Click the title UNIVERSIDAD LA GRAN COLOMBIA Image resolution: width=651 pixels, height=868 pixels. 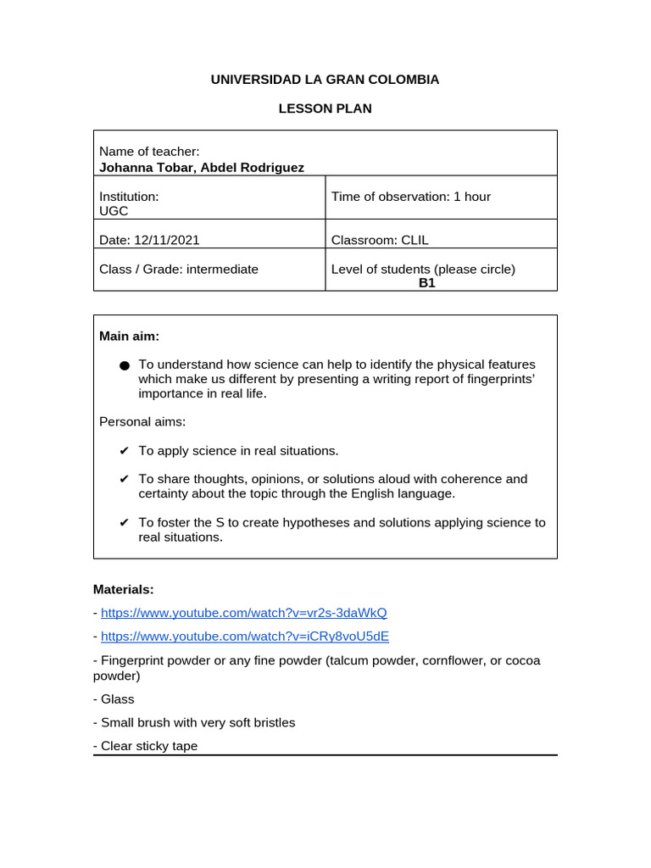325,80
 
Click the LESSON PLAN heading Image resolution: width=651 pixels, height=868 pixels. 325,108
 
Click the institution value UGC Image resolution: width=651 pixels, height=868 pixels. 114,211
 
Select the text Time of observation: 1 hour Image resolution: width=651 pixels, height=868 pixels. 410,197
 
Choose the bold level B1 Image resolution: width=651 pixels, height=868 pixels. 426,283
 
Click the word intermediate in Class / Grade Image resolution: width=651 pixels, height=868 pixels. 222,269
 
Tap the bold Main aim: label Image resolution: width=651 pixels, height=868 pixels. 129,337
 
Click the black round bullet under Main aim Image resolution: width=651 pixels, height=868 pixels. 125,365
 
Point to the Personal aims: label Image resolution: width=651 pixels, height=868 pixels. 142,421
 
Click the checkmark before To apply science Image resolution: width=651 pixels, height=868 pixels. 125,451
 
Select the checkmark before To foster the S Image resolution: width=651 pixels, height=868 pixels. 125,523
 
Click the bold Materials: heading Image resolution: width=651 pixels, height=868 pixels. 123,588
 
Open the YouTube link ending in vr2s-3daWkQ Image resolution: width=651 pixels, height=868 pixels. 243,612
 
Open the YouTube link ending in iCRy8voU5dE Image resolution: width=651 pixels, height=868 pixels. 244,636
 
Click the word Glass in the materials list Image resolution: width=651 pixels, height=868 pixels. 117,699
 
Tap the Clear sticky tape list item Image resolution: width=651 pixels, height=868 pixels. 148,746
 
